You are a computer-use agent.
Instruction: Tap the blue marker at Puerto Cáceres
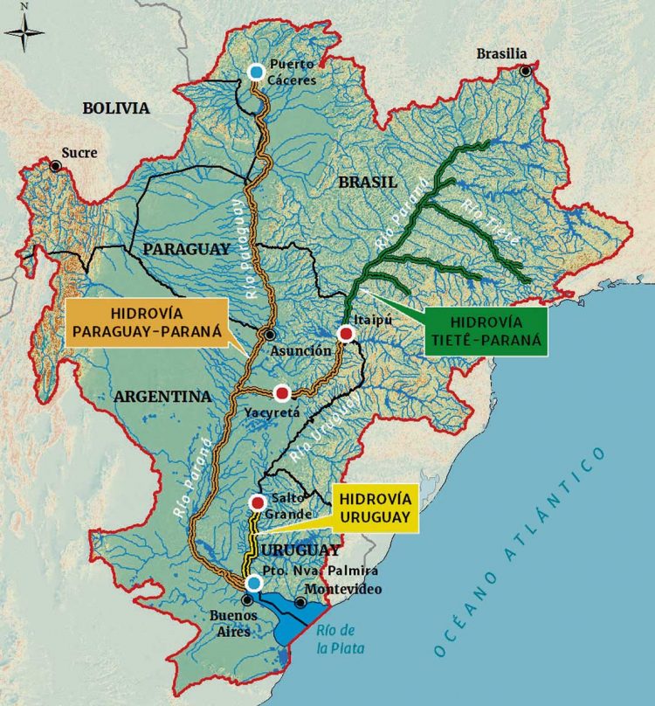coord(256,72)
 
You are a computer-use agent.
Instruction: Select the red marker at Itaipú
coord(347,335)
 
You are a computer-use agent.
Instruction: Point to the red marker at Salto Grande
coord(258,502)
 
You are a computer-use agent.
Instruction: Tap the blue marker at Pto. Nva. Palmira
coord(253,583)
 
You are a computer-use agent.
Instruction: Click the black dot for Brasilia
coord(525,71)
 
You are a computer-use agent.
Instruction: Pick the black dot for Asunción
coord(270,335)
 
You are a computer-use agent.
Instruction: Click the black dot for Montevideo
coord(300,603)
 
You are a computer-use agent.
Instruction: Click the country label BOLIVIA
coord(116,108)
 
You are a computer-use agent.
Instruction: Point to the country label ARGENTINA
coord(162,396)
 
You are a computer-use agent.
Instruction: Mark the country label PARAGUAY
coord(186,249)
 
